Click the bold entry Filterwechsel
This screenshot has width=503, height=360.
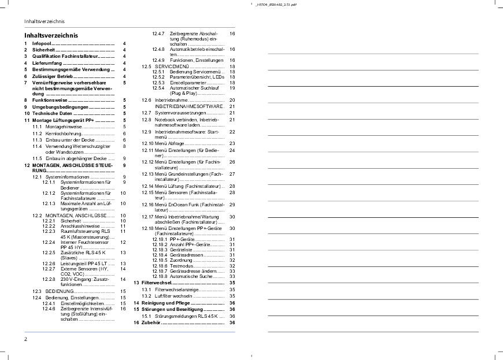click(156, 283)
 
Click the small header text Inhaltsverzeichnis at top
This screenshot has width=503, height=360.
click(40, 21)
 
